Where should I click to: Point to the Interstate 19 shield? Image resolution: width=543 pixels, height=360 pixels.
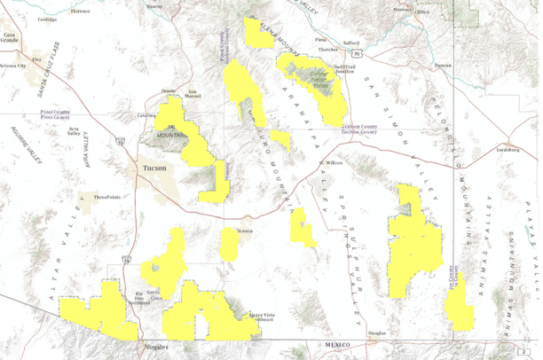128,261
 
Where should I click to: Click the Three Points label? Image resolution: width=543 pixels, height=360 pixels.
106,197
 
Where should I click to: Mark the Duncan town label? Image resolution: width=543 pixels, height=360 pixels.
443,66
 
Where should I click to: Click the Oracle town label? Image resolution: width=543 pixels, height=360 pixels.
168,90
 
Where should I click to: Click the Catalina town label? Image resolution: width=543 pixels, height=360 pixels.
146,115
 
